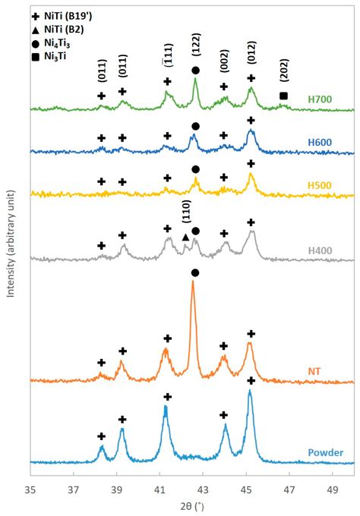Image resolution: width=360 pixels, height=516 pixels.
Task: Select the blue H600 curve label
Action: tap(320, 141)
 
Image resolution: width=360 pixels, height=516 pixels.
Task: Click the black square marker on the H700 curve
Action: tap(283, 96)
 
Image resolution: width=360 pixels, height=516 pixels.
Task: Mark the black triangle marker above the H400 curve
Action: tap(185, 238)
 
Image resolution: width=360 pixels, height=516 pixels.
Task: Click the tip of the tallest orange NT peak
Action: tap(193, 282)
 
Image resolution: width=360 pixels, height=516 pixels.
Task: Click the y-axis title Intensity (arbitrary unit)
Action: tap(11, 250)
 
